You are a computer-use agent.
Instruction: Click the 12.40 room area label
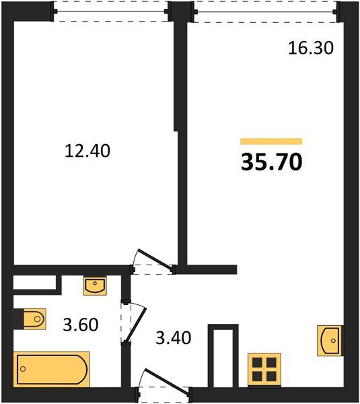click(x=87, y=151)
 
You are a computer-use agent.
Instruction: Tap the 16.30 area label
click(x=311, y=48)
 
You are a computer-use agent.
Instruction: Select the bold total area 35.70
click(x=271, y=162)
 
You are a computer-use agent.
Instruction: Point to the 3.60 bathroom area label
click(x=81, y=325)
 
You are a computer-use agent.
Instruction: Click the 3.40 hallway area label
click(x=174, y=338)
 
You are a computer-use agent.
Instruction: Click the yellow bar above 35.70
click(x=271, y=141)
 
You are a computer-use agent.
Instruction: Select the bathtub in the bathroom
click(x=52, y=369)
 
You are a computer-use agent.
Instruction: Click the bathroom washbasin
click(x=95, y=285)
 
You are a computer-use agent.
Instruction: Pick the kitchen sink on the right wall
click(x=330, y=340)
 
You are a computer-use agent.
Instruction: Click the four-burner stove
click(x=264, y=370)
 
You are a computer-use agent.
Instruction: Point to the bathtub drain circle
click(x=23, y=369)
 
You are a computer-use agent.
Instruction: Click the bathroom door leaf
click(x=136, y=324)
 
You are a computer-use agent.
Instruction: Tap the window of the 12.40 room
click(x=111, y=11)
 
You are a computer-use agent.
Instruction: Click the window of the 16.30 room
click(x=264, y=11)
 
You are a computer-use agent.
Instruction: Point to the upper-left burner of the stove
click(x=257, y=362)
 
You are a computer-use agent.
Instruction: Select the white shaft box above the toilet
click(x=34, y=282)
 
